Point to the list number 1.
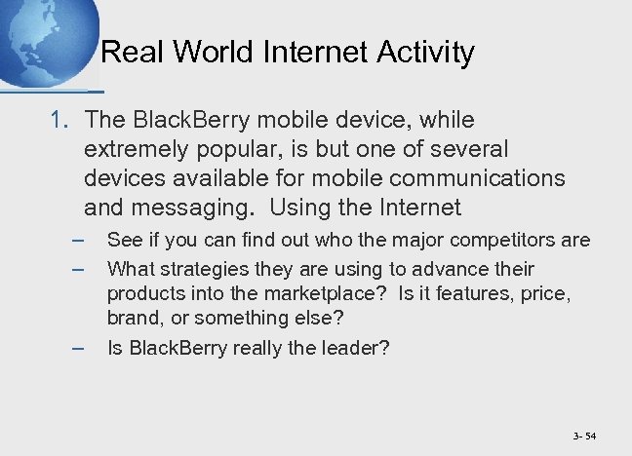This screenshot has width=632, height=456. click(x=59, y=121)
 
